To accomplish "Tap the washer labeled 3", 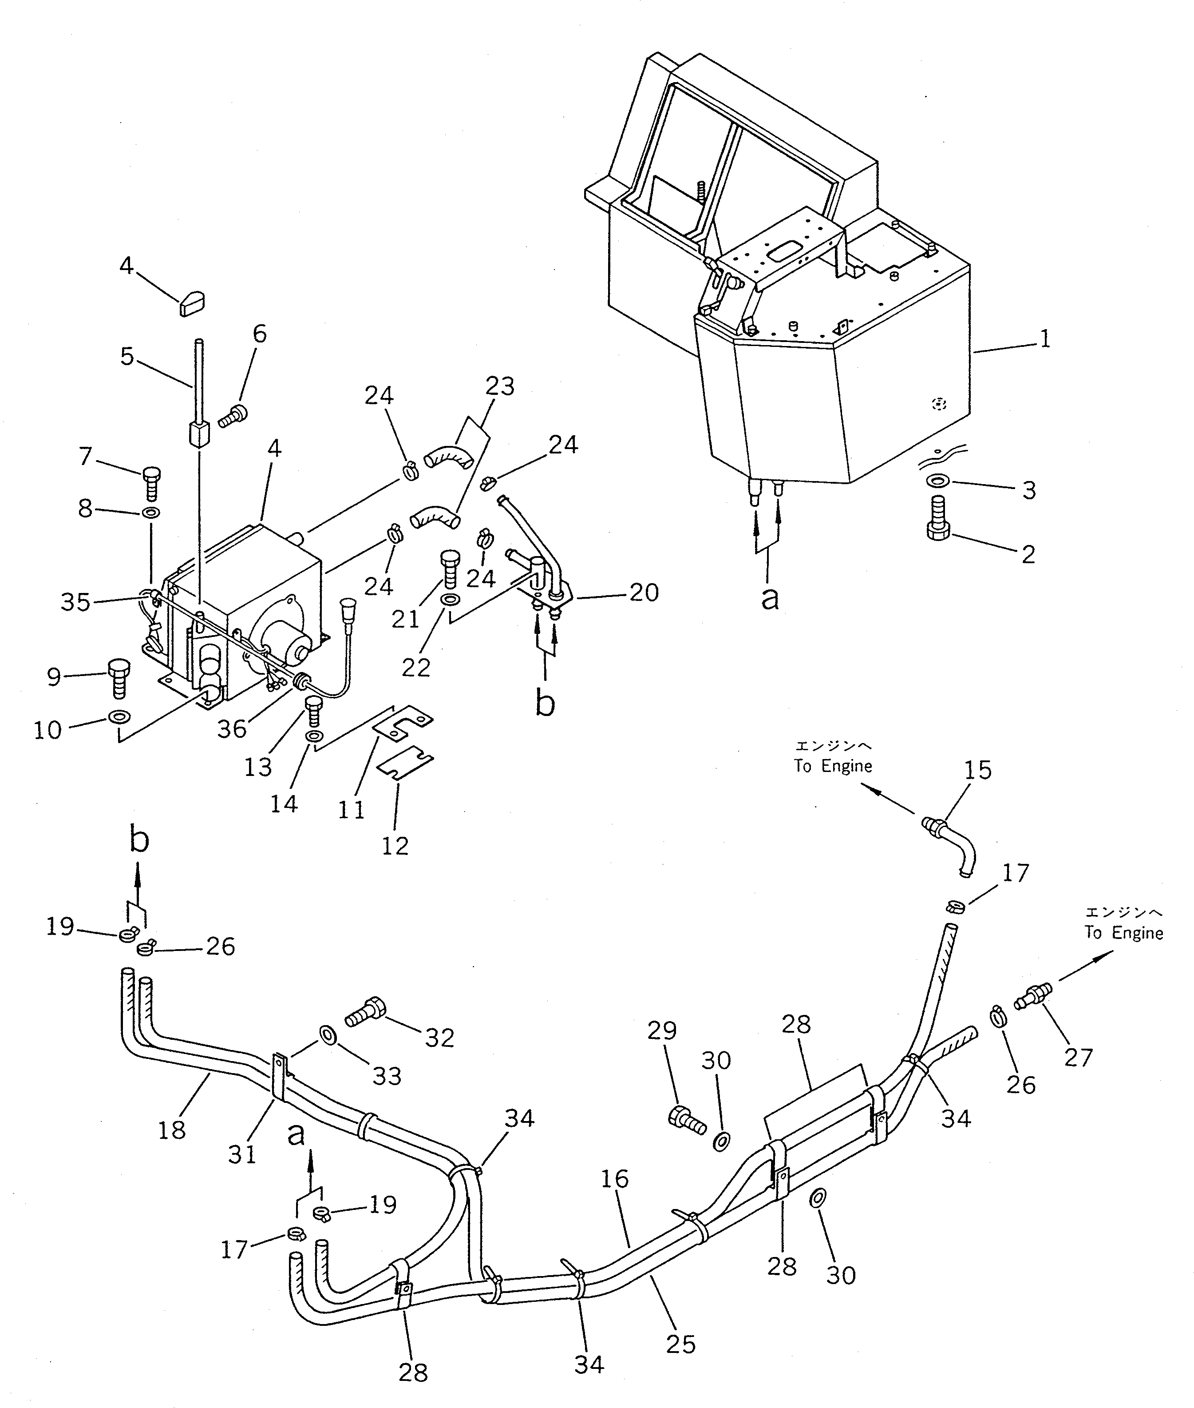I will point(937,481).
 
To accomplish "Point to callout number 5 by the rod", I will point(127,357).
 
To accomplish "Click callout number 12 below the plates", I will point(395,845).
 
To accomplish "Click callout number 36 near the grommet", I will point(232,729).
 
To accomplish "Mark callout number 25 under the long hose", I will point(680,1344).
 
